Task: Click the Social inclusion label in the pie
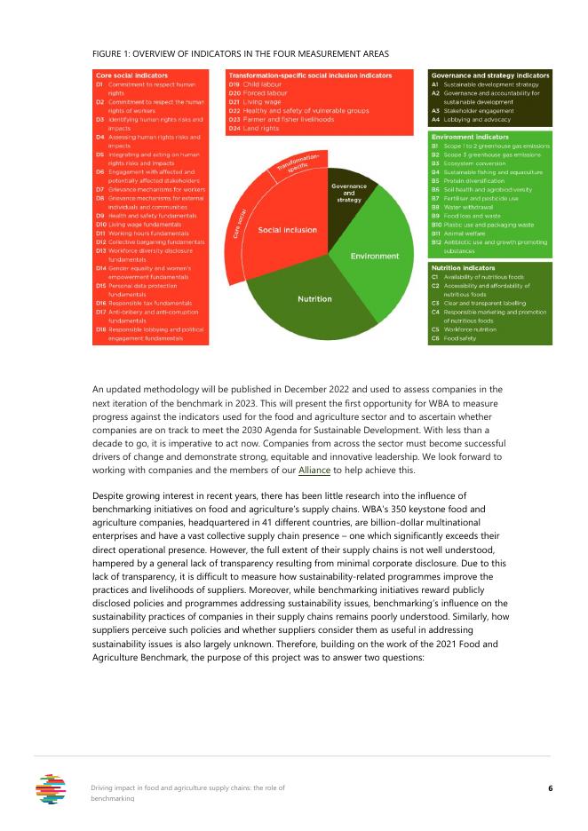[287, 230]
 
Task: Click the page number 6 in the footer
[550, 788]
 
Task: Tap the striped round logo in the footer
[51, 788]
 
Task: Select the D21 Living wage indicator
[258, 101]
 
